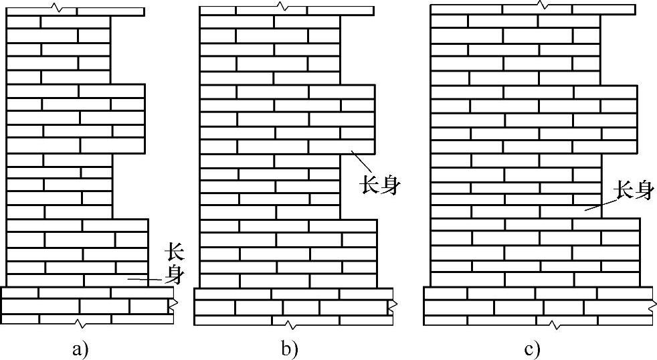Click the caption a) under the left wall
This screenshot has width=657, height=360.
pos(80,349)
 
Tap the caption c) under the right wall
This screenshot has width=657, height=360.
pos(532,349)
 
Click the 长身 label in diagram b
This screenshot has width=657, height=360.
pos(381,185)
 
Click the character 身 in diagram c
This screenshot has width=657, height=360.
pos(642,192)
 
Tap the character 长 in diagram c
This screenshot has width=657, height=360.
pos(624,192)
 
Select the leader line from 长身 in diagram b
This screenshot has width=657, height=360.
pos(362,163)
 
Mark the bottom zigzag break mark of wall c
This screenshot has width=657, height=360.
pos(557,325)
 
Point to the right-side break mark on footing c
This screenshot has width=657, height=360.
pos(652,306)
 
